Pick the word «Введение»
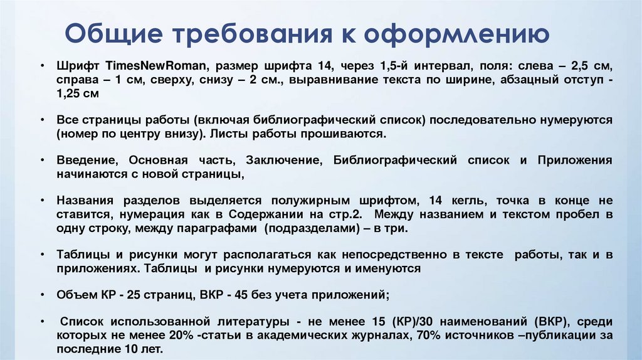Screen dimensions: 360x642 coord(83,160)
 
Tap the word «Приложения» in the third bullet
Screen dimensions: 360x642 coord(575,160)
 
